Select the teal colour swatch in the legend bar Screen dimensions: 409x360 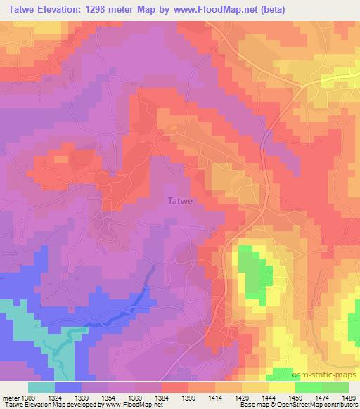pyautogui.click(x=41, y=387)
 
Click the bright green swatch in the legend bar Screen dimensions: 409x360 pyautogui.click(x=309, y=387)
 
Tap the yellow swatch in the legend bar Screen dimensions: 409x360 pyautogui.click(x=282, y=387)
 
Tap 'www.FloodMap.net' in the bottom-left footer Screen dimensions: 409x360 pyautogui.click(x=133, y=405)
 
